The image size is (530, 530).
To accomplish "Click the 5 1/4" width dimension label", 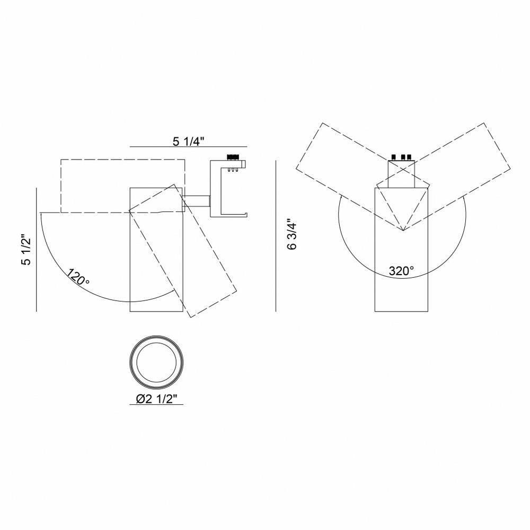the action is coord(189,142).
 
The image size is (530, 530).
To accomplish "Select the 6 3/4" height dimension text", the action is coord(292,236).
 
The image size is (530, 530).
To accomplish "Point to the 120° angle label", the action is coord(78,277).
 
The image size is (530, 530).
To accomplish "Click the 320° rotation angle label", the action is coord(401,271).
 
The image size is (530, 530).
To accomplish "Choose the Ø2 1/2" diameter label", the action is coord(156,399).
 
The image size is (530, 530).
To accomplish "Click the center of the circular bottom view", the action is coord(156,361).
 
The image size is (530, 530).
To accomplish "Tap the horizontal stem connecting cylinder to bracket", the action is coord(197,201).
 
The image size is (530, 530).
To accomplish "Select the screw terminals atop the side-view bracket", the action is coord(233,157).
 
